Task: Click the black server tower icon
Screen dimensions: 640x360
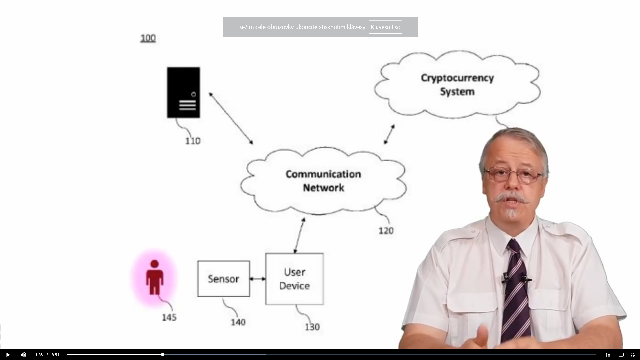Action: click(183, 92)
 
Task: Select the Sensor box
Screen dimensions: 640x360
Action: click(223, 279)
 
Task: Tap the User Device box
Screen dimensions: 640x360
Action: click(294, 279)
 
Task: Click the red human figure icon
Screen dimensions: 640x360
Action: click(154, 277)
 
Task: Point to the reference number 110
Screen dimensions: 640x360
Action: click(193, 141)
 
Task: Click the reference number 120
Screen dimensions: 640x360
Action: click(386, 231)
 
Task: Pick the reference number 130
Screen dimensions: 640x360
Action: click(312, 327)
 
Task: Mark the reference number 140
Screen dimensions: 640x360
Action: click(238, 322)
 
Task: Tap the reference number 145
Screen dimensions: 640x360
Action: click(169, 317)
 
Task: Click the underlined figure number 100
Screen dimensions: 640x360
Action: click(148, 38)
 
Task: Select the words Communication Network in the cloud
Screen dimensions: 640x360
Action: click(323, 181)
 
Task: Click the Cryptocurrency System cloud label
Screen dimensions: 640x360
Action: click(457, 85)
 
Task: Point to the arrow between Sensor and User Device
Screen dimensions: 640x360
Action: click(258, 279)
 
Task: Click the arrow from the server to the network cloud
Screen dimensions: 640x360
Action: click(231, 118)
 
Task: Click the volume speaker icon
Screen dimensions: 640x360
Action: click(23, 355)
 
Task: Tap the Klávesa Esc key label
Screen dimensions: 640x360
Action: click(385, 27)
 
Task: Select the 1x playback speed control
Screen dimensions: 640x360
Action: click(607, 355)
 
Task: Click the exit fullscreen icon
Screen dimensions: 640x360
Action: click(633, 355)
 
